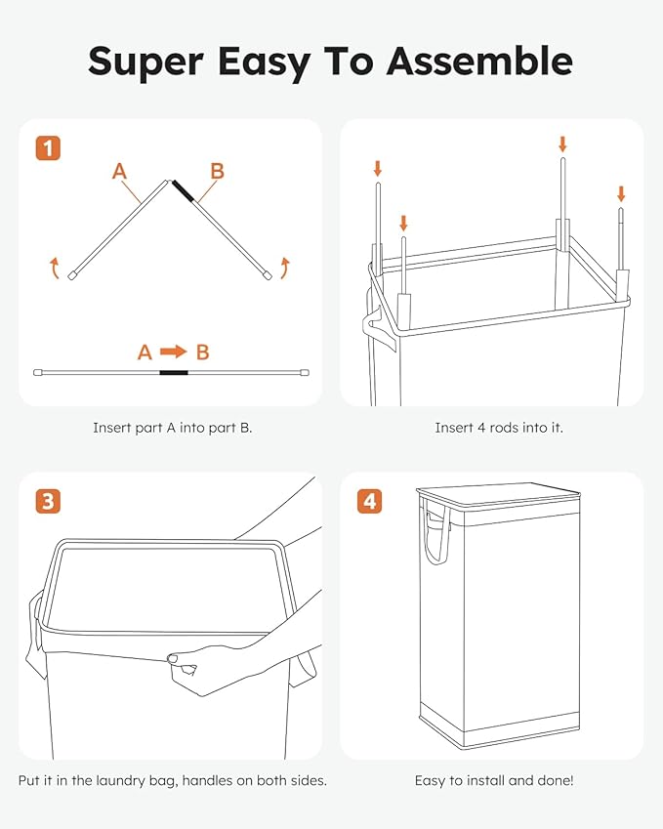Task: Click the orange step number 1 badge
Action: pos(49,148)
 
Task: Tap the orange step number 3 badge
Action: pos(49,502)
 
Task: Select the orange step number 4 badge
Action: pos(369,502)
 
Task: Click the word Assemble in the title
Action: pos(478,61)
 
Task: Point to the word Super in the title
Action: pos(145,61)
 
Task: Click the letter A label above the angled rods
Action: pos(119,172)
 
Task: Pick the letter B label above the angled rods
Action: pos(217,172)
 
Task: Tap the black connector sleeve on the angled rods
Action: pos(183,190)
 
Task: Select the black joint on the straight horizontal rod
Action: pos(174,372)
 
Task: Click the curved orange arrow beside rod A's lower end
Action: pos(55,267)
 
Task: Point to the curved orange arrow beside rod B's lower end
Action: pos(284,267)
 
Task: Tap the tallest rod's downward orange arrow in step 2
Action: pos(562,145)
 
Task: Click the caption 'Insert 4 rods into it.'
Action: pos(499,428)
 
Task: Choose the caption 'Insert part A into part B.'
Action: pos(173,428)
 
